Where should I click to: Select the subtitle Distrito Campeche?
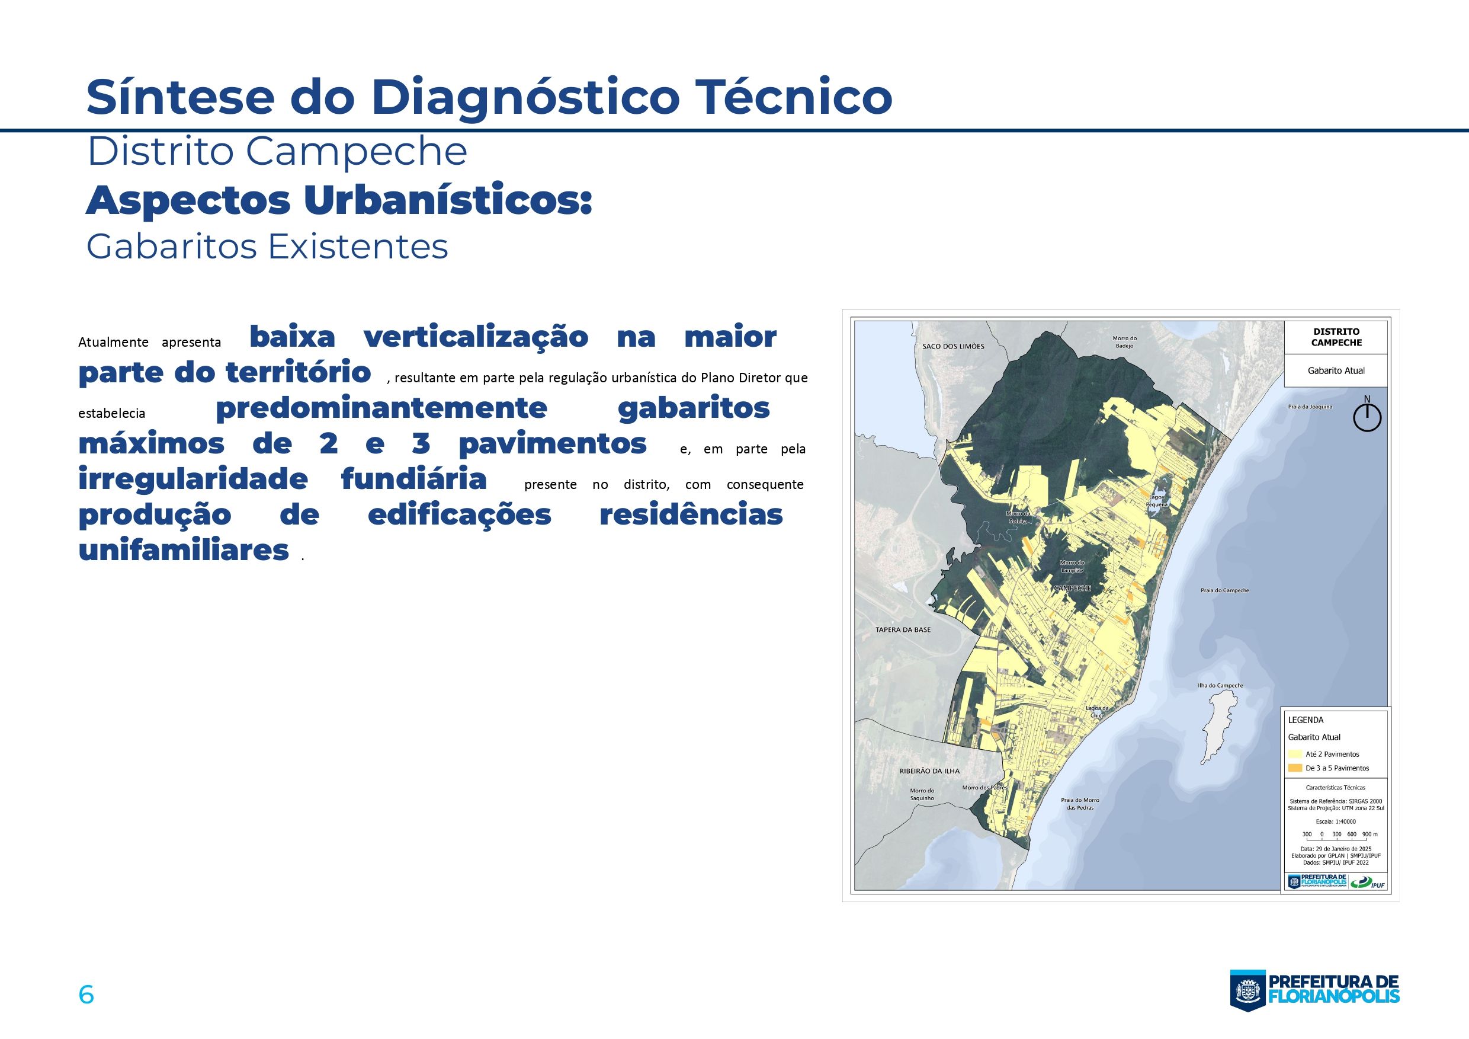(277, 152)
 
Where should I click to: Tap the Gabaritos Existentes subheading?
(267, 247)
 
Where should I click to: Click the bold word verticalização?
(476, 337)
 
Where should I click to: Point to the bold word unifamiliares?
(184, 551)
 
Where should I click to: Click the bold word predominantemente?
(381, 408)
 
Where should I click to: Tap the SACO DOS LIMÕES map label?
(953, 346)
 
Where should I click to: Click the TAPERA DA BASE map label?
(903, 630)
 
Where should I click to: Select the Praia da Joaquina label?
(1310, 407)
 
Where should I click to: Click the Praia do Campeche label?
(1224, 590)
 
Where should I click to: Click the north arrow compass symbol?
(1367, 417)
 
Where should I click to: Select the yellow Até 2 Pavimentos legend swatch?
(1295, 754)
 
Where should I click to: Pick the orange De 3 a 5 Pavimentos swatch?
(1295, 768)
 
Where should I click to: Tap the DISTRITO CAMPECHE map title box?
(1336, 337)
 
